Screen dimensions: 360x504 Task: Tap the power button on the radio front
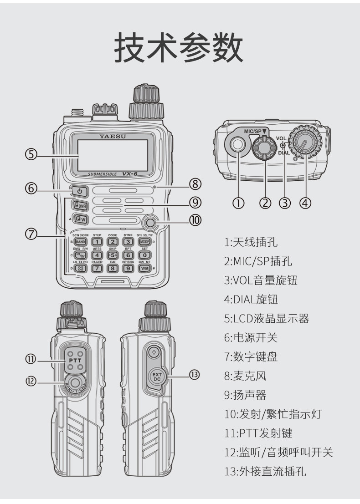(79, 190)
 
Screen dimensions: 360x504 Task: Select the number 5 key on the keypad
(113, 255)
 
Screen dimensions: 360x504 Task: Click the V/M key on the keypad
(145, 268)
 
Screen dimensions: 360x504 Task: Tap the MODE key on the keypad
(145, 242)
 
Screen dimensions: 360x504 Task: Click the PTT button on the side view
(74, 360)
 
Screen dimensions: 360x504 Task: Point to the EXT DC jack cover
(157, 377)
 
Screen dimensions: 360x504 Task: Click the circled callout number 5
(31, 154)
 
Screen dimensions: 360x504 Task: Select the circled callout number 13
(195, 374)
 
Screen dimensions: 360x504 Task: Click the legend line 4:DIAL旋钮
(251, 300)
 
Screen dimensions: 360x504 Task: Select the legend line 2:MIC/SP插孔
(258, 261)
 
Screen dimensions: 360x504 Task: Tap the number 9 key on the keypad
(129, 268)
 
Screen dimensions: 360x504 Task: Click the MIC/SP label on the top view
(254, 131)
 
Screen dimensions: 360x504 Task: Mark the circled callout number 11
(31, 359)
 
